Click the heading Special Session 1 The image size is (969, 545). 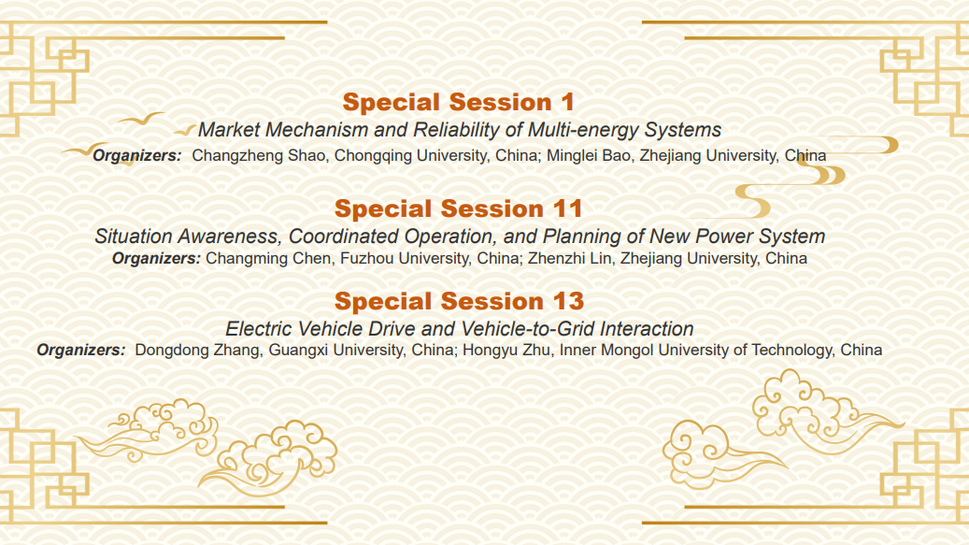click(x=459, y=102)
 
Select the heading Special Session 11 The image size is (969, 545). click(x=459, y=208)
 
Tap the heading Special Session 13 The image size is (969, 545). click(x=459, y=302)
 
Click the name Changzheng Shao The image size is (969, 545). click(x=259, y=156)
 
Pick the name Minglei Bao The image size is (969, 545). click(x=589, y=156)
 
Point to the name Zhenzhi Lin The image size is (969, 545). click(x=569, y=258)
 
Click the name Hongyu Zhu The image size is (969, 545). click(x=506, y=351)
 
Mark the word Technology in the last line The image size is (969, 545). click(x=790, y=351)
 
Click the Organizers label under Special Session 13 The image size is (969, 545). click(x=81, y=351)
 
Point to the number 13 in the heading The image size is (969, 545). click(x=568, y=302)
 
